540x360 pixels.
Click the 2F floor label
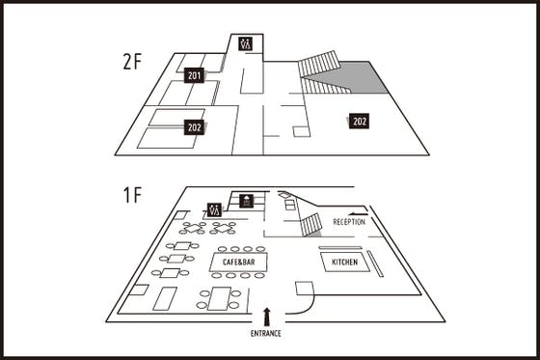(132, 62)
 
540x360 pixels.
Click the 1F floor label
(132, 195)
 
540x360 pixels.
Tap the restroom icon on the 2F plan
(245, 43)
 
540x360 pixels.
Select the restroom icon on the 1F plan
(214, 209)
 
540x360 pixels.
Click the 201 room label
(194, 75)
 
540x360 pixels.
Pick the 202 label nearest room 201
(194, 127)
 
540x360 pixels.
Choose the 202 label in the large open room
(359, 121)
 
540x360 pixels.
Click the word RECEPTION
(349, 222)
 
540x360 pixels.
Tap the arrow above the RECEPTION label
(357, 214)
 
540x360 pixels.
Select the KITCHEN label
(344, 263)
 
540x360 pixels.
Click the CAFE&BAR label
(239, 263)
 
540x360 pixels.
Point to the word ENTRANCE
(265, 333)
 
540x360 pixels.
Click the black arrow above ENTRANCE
(266, 317)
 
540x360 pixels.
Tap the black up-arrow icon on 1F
(246, 201)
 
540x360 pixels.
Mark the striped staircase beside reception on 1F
(310, 225)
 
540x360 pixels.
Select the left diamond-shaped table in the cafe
(194, 228)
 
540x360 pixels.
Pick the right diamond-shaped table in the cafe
(223, 228)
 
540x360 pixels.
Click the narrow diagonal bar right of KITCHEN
(375, 263)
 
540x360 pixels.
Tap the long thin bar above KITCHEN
(340, 248)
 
